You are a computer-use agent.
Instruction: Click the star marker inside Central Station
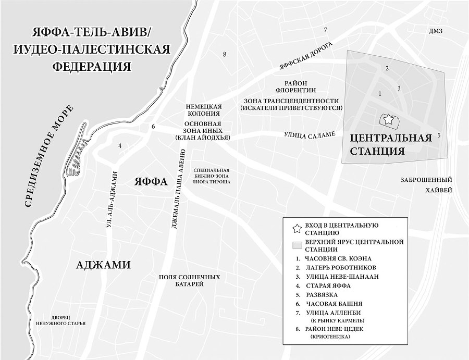(388, 120)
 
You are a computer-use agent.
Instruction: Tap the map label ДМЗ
(435, 31)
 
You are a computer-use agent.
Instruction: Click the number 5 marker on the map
(439, 135)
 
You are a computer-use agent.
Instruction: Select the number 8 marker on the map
(225, 54)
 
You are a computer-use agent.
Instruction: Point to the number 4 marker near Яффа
(120, 146)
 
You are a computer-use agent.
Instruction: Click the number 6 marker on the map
(153, 127)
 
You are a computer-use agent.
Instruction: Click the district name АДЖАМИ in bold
(103, 265)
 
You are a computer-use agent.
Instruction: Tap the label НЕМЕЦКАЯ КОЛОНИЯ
(204, 109)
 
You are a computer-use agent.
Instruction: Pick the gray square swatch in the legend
(297, 245)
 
